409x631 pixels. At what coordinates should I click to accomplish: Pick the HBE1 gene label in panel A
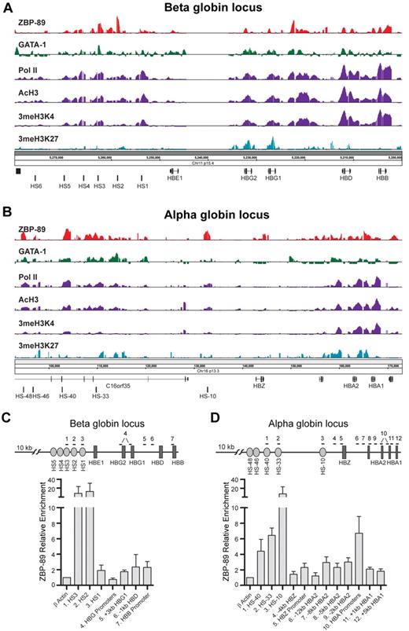coord(175,178)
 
